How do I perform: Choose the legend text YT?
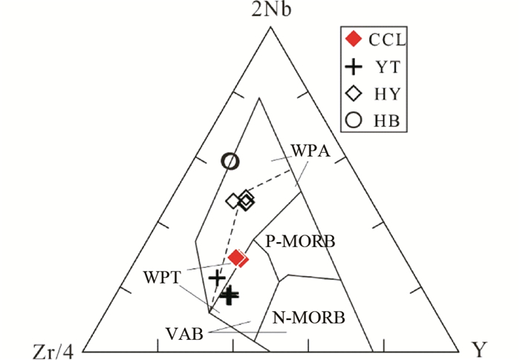tap(386, 66)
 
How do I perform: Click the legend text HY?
tap(387, 92)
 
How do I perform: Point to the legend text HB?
tap(387, 118)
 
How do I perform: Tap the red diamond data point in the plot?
tap(237, 258)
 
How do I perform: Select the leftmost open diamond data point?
tap(233, 200)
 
